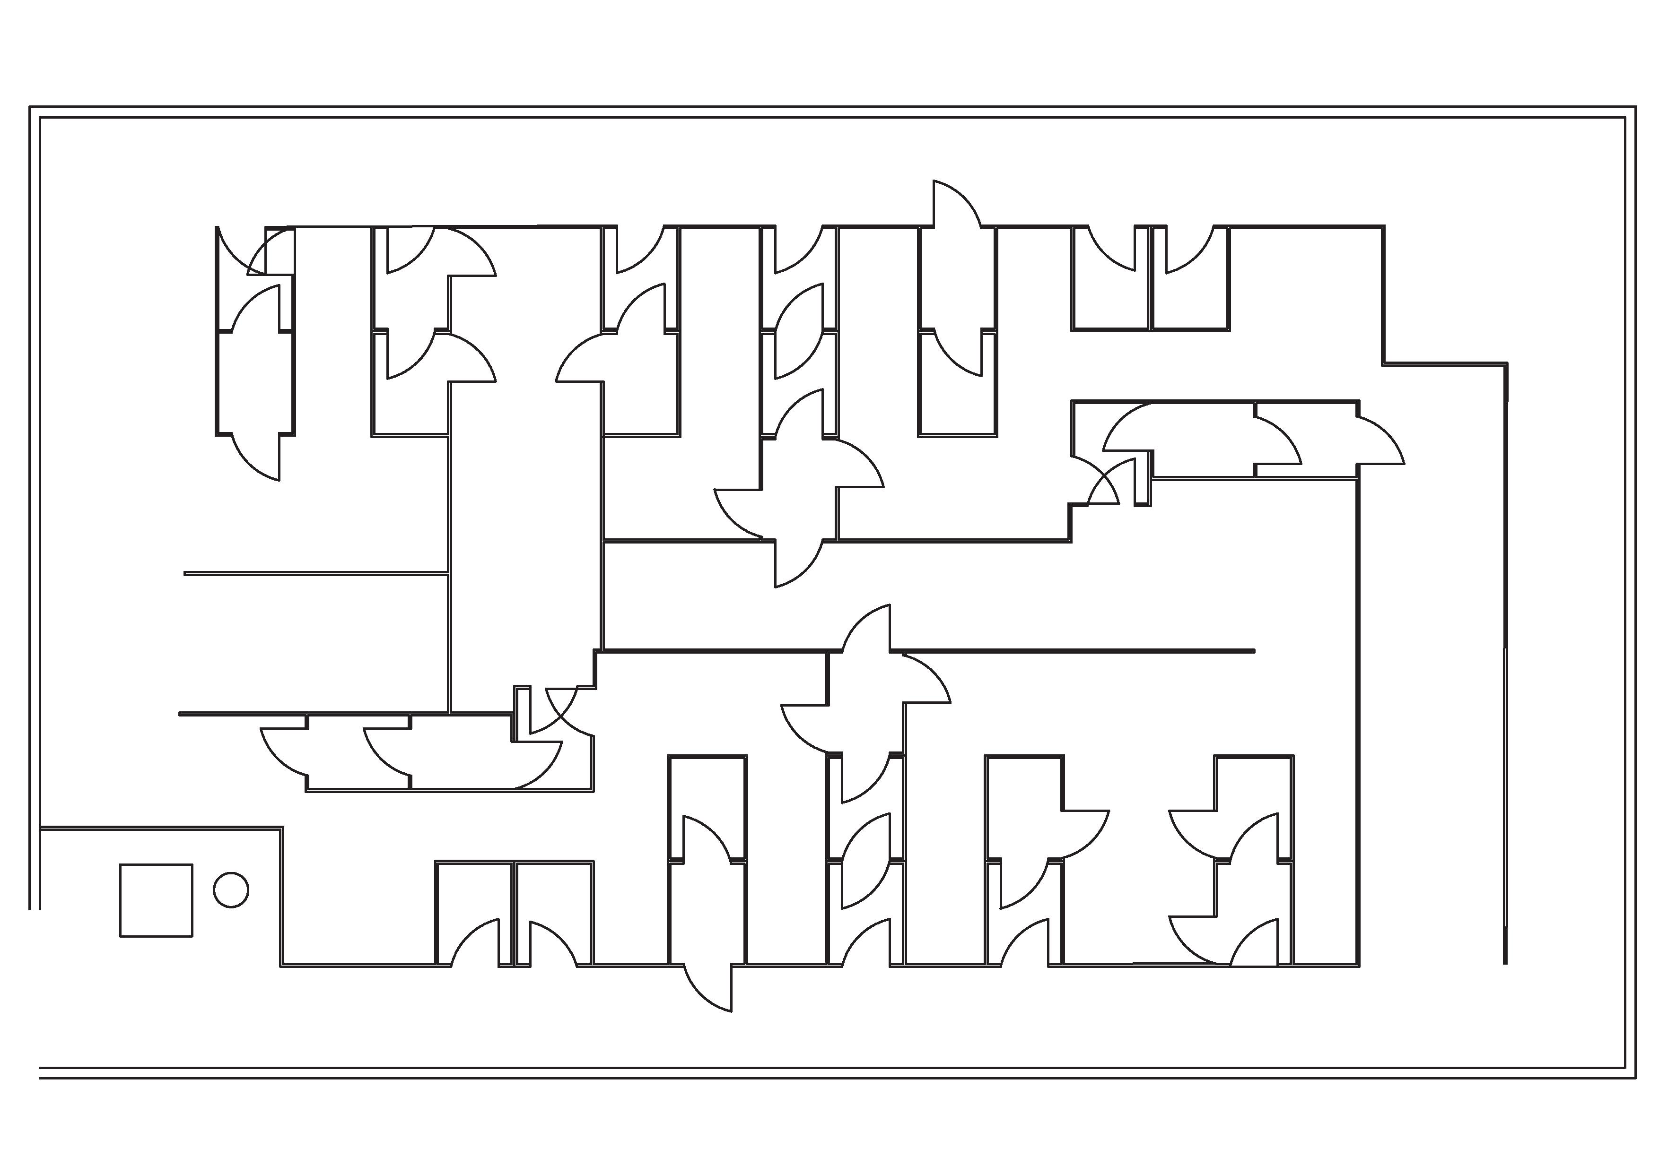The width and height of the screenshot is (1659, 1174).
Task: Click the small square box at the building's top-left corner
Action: click(279, 250)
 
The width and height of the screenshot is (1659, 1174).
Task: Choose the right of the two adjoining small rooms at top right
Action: click(1190, 289)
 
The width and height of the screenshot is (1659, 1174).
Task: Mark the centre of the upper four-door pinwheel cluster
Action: click(799, 488)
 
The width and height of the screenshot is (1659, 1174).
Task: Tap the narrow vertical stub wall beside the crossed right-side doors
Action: click(1143, 477)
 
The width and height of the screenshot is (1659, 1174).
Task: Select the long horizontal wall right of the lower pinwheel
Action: click(1078, 651)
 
